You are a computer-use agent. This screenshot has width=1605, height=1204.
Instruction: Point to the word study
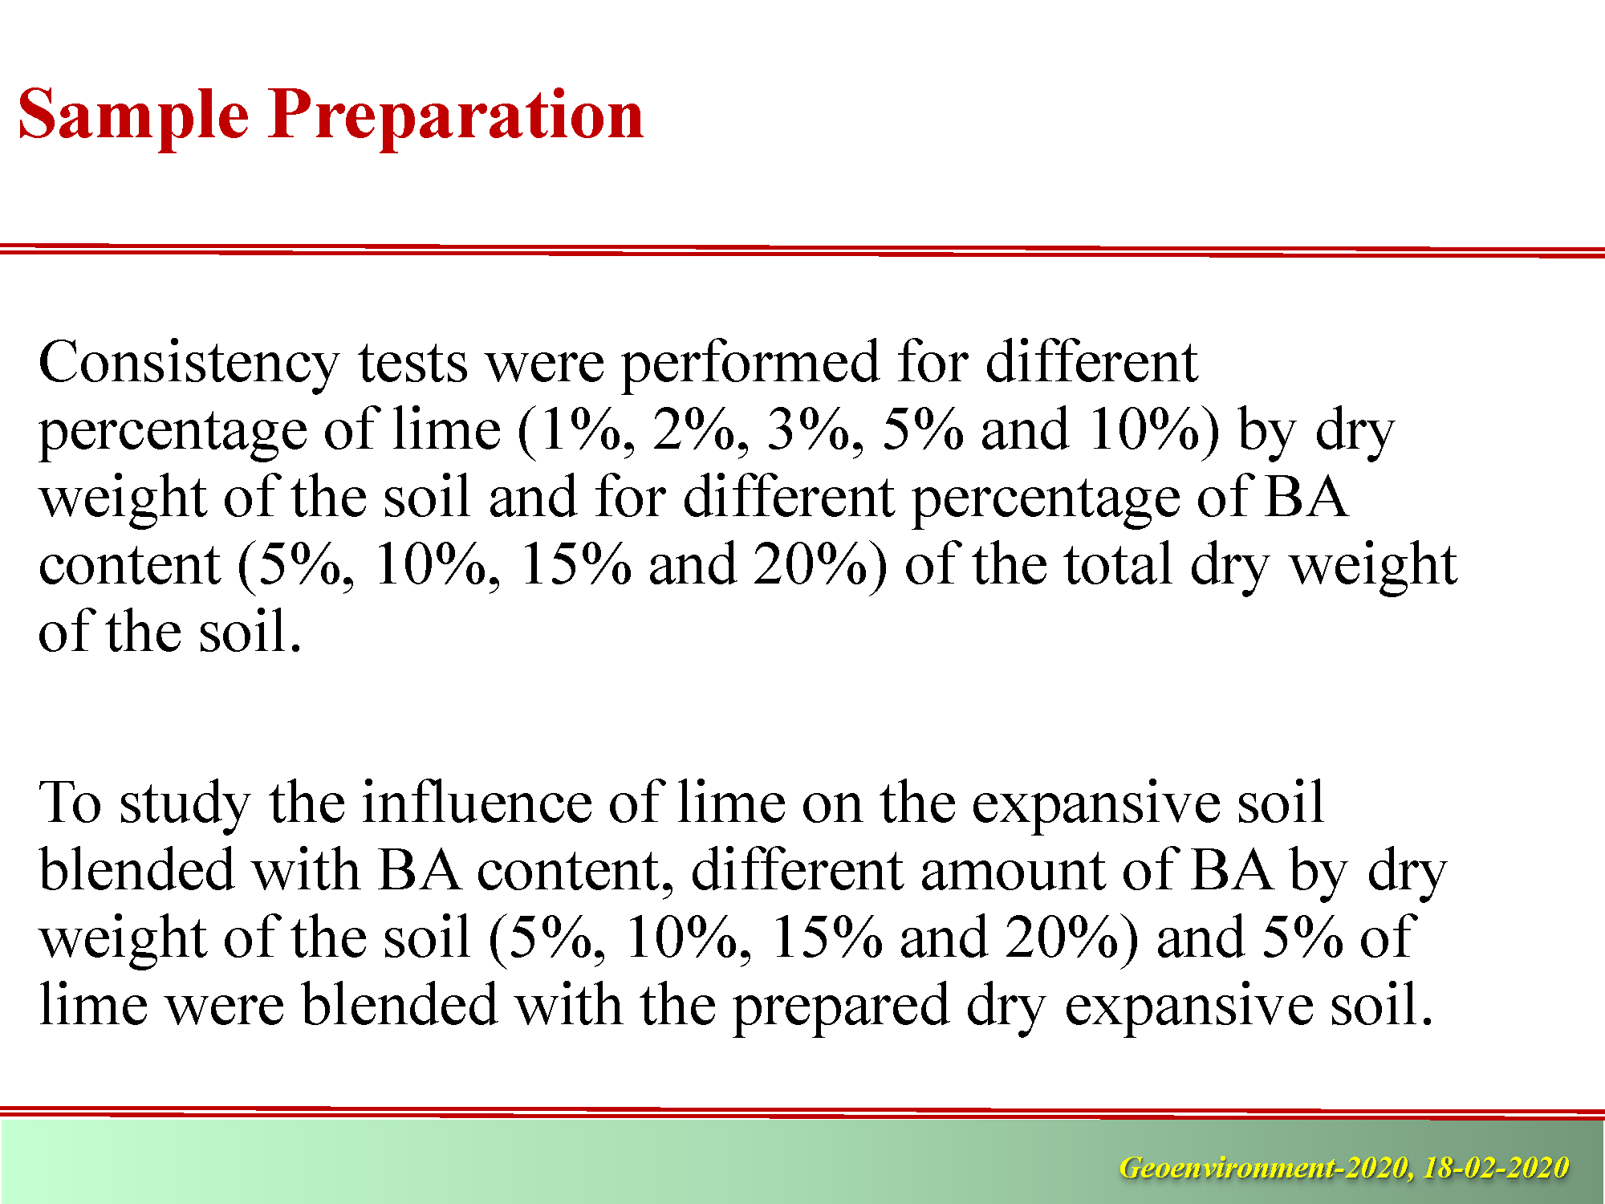click(x=185, y=805)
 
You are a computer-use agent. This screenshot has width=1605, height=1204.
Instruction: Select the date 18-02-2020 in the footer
click(x=1495, y=1167)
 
